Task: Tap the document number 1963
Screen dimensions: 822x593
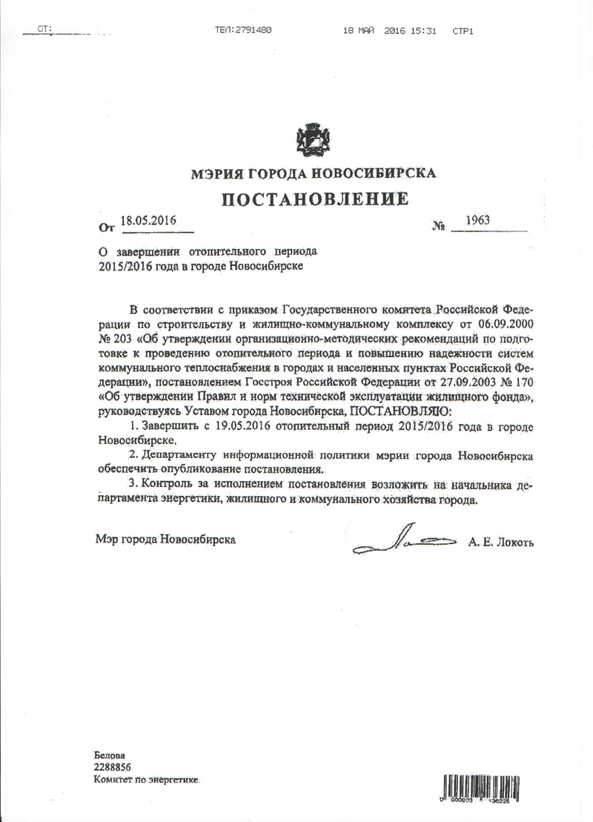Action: (x=478, y=220)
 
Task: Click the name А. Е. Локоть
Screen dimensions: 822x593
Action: (x=500, y=543)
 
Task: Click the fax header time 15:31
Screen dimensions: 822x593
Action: (x=425, y=30)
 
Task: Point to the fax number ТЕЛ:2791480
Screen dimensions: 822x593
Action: (x=243, y=30)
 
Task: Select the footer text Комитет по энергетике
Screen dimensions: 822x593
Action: (x=147, y=780)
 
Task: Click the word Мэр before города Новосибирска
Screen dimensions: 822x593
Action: (x=105, y=540)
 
